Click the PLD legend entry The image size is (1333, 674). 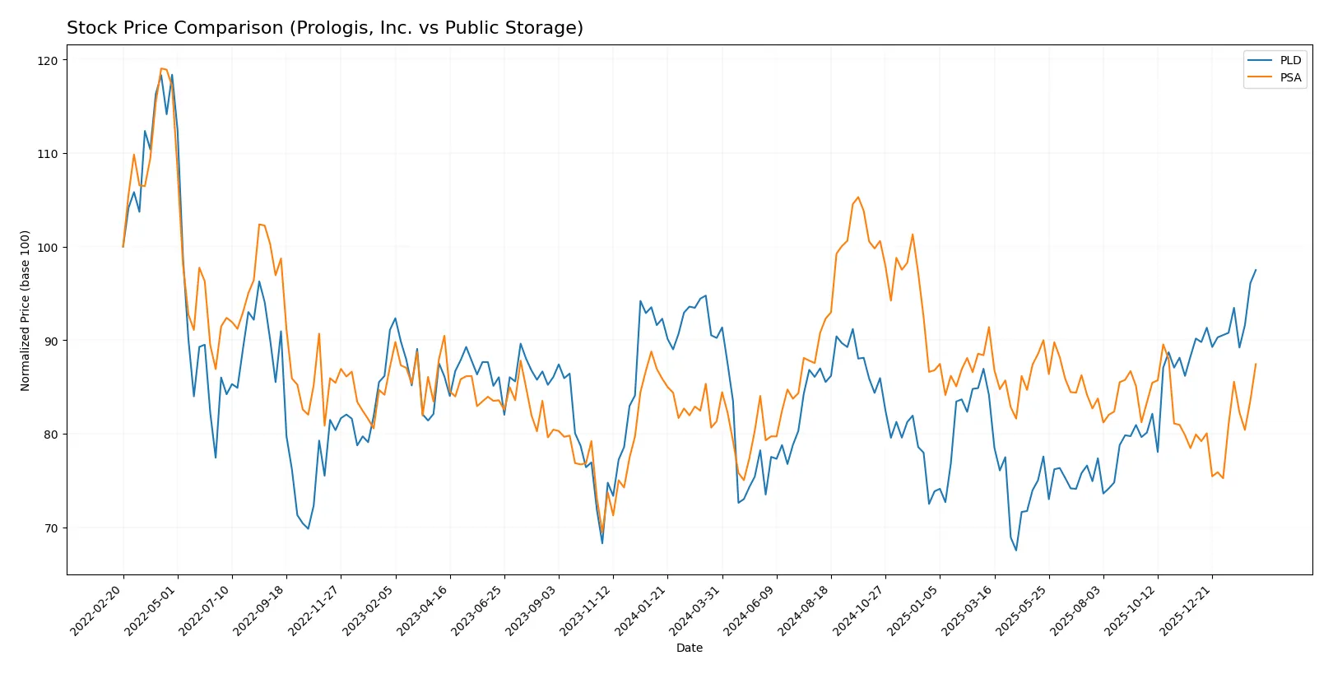point(1289,60)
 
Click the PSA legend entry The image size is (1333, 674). point(1289,77)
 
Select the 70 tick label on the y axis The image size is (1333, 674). point(51,528)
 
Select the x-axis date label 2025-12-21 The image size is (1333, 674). point(1187,611)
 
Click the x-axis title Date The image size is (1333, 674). point(689,648)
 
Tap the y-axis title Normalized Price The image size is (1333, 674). point(26,310)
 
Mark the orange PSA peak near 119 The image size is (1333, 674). point(161,68)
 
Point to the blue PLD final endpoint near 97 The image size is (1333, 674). point(1256,270)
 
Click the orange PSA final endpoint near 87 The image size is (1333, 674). point(1256,364)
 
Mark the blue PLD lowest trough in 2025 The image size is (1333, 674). point(1016,551)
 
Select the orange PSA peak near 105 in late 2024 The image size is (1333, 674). point(858,197)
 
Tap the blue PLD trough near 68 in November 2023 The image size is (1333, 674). point(602,543)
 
